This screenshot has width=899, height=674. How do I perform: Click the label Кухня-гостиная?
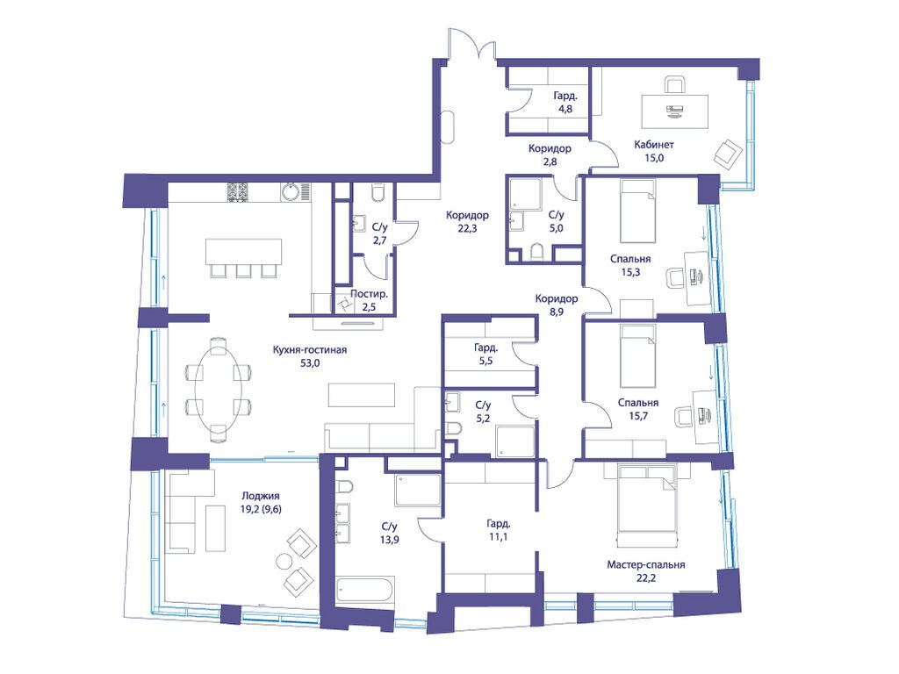click(x=310, y=349)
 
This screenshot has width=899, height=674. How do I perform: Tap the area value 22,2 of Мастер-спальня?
click(x=646, y=578)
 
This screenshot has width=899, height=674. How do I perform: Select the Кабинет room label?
click(x=653, y=145)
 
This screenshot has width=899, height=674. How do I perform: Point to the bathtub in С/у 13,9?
click(x=364, y=589)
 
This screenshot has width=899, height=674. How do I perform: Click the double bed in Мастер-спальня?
click(x=648, y=498)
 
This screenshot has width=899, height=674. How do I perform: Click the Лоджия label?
click(x=260, y=496)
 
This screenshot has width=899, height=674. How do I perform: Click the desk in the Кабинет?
click(x=674, y=111)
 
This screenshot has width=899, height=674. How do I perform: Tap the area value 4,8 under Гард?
click(x=565, y=109)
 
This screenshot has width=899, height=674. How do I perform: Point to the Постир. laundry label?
click(x=370, y=294)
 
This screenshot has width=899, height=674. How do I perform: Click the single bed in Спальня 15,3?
click(x=637, y=211)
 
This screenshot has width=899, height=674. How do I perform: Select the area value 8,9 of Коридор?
click(x=556, y=312)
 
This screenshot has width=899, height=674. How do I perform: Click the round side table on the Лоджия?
click(x=284, y=561)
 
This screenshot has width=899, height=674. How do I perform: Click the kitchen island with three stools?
click(x=244, y=252)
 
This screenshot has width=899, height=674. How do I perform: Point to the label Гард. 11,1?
click(x=499, y=530)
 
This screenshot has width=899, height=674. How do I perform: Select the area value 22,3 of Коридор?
click(x=467, y=228)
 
